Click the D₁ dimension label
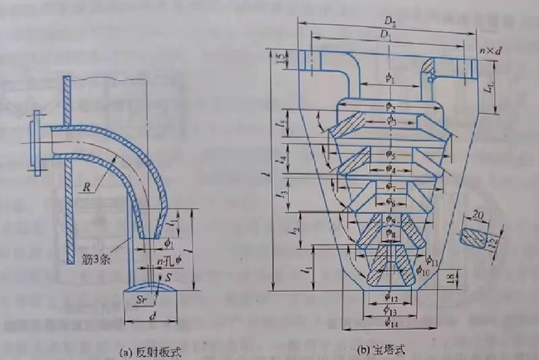tap(385, 33)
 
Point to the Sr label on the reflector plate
tap(141, 295)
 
